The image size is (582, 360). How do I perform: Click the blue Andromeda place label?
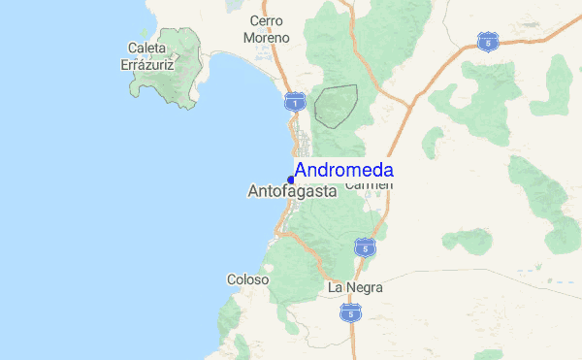344,170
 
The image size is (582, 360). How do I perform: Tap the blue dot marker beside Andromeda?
291,179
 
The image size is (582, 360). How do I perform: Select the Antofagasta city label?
292,192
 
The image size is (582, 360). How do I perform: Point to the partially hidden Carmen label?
369,185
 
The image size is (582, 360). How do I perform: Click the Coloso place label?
247,279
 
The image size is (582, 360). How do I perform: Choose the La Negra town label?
356,287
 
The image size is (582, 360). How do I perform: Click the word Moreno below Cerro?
267,37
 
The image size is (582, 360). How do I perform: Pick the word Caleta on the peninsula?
146,47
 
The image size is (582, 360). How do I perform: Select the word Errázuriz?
145,63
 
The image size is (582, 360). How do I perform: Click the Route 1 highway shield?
295,101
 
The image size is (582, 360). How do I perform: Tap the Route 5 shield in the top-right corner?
487,41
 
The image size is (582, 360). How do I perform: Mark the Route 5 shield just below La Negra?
350,312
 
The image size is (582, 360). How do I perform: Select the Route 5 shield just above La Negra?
364,246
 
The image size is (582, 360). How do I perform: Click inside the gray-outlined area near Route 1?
335,106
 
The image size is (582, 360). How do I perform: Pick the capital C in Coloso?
232,279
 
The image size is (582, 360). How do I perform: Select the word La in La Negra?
337,287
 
